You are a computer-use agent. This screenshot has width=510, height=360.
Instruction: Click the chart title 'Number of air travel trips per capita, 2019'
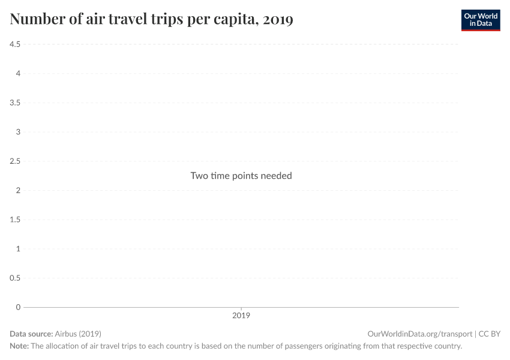(151, 19)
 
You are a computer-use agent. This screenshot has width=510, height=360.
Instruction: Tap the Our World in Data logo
(480, 20)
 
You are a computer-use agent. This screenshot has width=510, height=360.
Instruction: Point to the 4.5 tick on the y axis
(15, 44)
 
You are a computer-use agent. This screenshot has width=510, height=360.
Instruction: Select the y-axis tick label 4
(18, 74)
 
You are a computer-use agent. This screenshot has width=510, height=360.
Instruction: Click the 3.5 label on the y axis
(15, 103)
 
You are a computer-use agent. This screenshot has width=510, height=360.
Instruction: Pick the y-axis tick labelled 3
(18, 132)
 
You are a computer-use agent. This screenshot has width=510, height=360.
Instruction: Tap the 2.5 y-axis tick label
(15, 161)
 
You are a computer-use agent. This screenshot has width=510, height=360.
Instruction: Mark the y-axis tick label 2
(18, 190)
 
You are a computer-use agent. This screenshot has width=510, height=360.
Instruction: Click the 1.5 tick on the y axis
(15, 220)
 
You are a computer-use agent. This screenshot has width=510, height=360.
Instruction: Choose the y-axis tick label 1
(18, 248)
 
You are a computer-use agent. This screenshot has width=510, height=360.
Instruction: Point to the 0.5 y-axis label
(15, 278)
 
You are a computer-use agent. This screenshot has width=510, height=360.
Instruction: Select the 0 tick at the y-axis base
(18, 307)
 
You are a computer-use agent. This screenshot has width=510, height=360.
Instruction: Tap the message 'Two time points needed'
(241, 176)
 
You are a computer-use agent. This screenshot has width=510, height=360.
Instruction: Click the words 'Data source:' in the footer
(31, 334)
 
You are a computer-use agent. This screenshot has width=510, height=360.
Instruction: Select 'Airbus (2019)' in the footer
(77, 334)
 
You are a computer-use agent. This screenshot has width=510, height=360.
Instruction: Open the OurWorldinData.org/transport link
(419, 334)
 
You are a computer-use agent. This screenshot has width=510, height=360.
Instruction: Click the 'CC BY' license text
(489, 334)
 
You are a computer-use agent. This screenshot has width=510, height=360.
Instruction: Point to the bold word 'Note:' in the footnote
(19, 346)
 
